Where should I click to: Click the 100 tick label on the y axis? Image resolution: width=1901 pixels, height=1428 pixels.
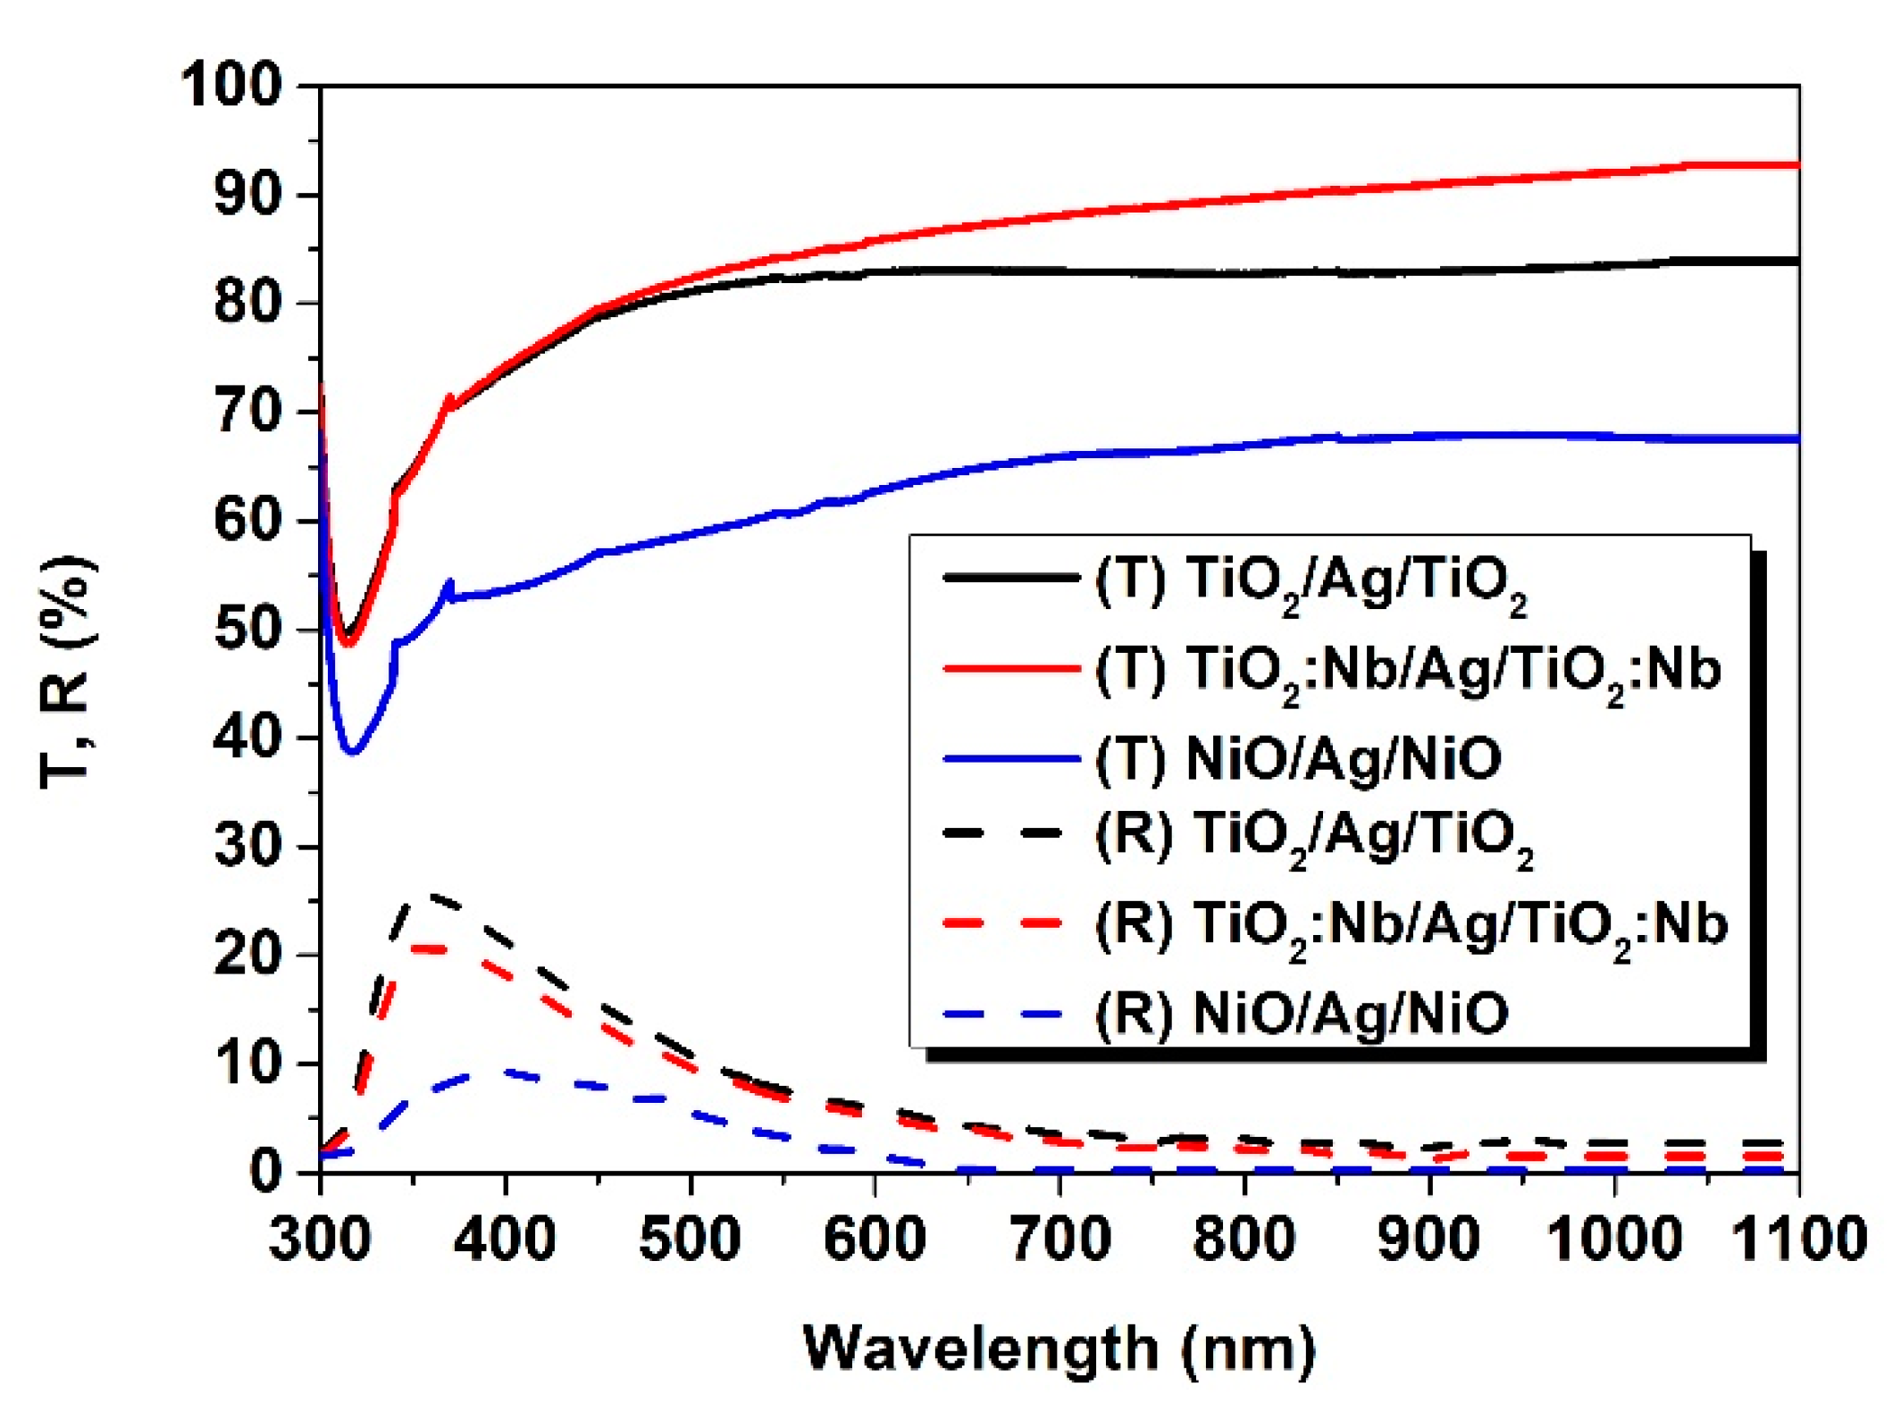tap(230, 86)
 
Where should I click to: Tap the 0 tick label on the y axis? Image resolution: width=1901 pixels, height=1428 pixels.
tap(265, 1170)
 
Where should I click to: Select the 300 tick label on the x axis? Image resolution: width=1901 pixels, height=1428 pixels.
tap(320, 1240)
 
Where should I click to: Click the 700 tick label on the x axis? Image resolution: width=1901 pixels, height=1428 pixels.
tap(1059, 1240)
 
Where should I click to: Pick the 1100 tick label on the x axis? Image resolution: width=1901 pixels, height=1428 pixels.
tap(1797, 1240)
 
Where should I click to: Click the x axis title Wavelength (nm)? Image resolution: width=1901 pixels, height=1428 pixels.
tap(1059, 1349)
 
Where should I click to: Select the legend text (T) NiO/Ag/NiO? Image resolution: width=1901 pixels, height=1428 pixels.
tap(1298, 759)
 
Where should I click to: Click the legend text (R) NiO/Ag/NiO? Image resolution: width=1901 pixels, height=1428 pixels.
tap(1302, 1014)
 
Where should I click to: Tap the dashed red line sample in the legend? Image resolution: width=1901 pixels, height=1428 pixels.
tap(1003, 923)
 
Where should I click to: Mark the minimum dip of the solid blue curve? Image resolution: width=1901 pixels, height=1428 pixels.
tap(353, 751)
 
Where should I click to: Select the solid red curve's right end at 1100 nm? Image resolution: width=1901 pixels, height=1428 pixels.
tap(1796, 165)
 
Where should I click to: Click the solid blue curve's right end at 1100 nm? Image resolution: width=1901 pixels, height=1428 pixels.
tap(1796, 438)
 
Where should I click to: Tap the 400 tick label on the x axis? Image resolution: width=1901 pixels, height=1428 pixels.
tap(505, 1240)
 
